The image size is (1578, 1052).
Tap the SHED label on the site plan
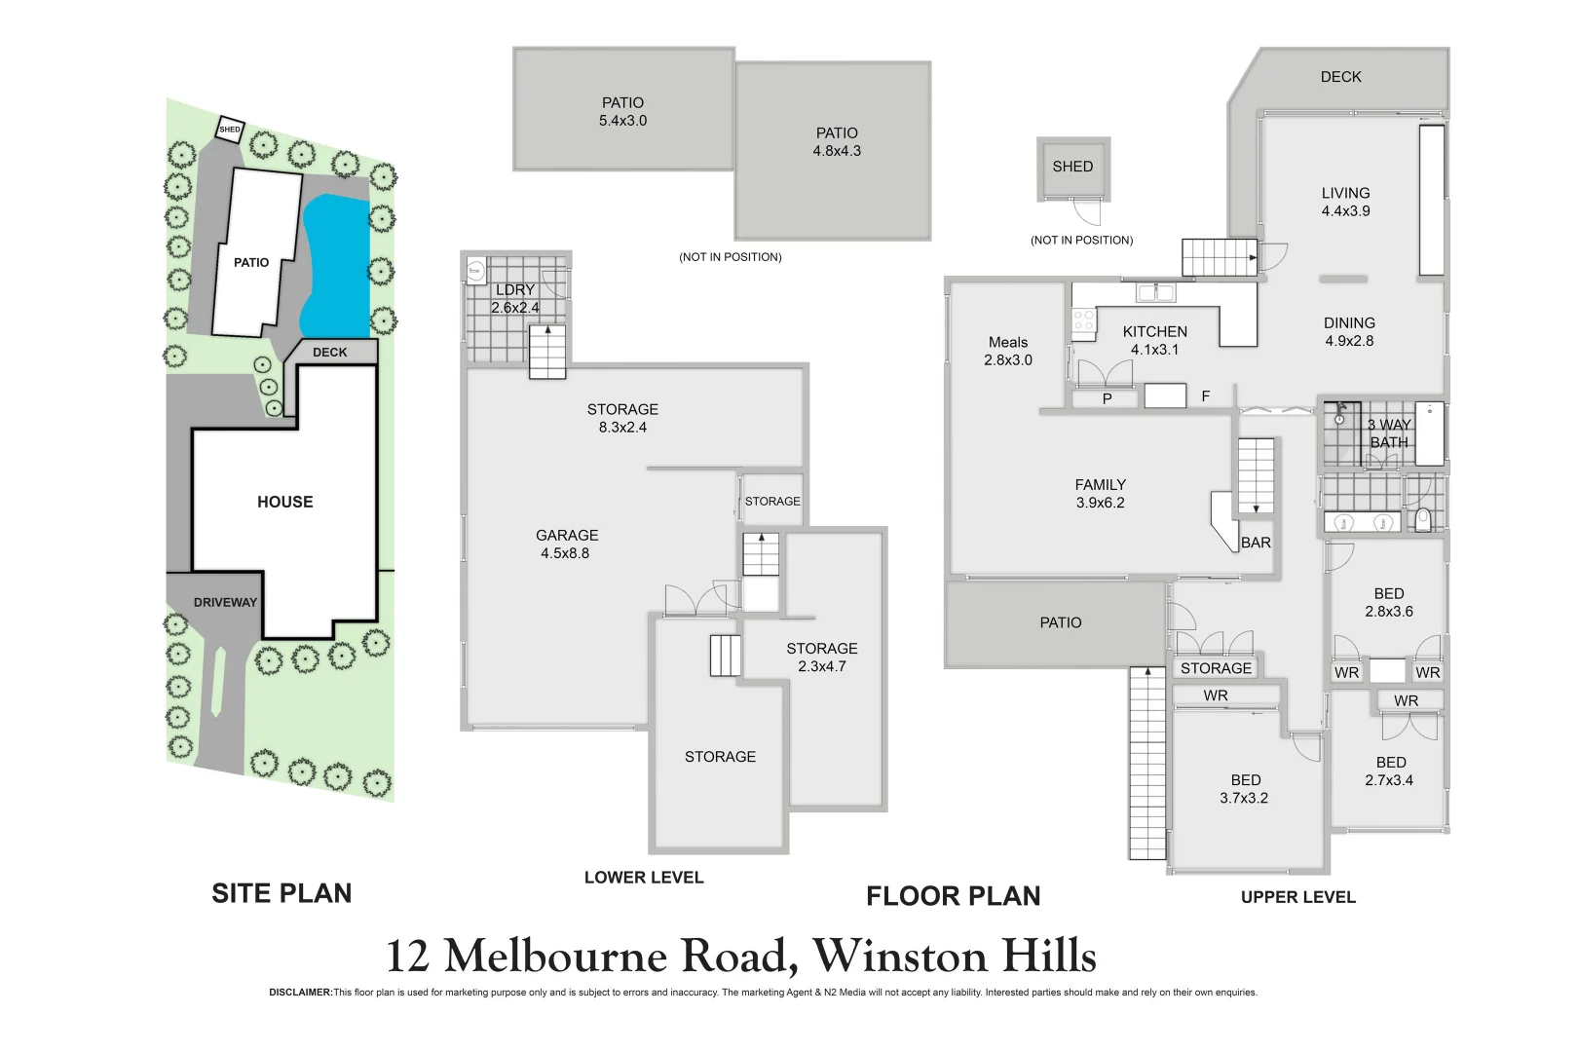(x=230, y=130)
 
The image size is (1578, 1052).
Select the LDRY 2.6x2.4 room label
(x=514, y=299)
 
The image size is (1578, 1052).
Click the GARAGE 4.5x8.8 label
(x=566, y=544)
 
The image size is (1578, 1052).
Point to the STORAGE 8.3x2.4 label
(x=622, y=418)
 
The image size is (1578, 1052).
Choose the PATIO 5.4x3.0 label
(x=622, y=111)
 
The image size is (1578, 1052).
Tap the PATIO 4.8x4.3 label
(x=837, y=141)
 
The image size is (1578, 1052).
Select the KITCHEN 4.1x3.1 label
(x=1154, y=340)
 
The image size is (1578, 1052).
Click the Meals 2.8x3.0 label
(x=1008, y=351)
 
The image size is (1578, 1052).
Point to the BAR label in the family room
(x=1256, y=543)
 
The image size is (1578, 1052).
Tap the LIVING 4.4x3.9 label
(x=1345, y=202)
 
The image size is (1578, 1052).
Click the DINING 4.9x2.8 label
(x=1349, y=331)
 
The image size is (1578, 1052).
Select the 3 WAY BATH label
(x=1389, y=433)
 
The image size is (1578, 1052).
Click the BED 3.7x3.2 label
(x=1245, y=789)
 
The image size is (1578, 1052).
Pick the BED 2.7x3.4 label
(x=1390, y=770)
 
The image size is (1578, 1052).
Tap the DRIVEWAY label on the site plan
(x=225, y=602)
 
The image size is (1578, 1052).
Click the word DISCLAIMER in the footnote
(x=300, y=993)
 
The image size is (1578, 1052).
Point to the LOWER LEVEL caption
(x=644, y=878)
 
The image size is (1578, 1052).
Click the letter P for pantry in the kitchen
(x=1107, y=398)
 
